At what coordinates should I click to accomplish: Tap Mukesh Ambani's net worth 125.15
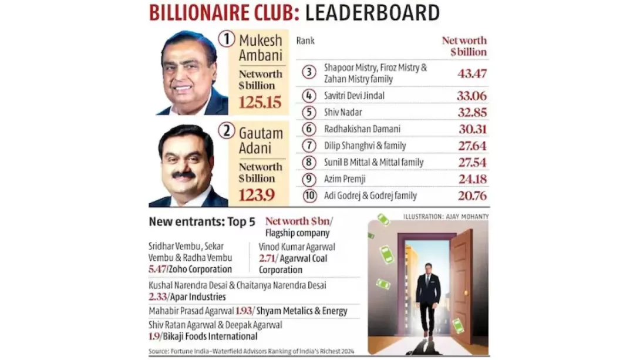tap(260, 102)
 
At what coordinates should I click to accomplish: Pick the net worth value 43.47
tap(472, 74)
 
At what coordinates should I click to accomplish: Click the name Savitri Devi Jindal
tap(354, 95)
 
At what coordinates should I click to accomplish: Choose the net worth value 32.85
tap(472, 112)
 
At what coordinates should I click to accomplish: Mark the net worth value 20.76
tap(472, 196)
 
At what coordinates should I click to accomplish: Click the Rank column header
tap(305, 41)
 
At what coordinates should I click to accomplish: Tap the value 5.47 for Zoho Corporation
tap(158, 269)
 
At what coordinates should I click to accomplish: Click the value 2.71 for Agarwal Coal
tap(268, 258)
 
